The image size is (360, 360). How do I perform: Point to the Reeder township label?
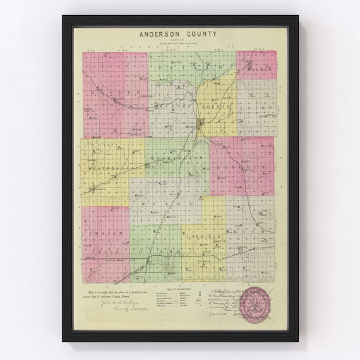pos(115,92)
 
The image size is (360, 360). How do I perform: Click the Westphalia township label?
pos(107,169)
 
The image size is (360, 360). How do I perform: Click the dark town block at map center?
pos(200,124)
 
